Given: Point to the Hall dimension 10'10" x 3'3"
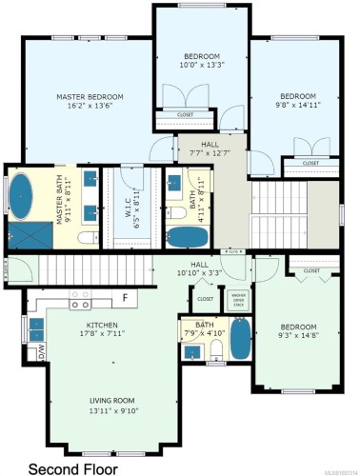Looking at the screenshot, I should pyautogui.click(x=199, y=273).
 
